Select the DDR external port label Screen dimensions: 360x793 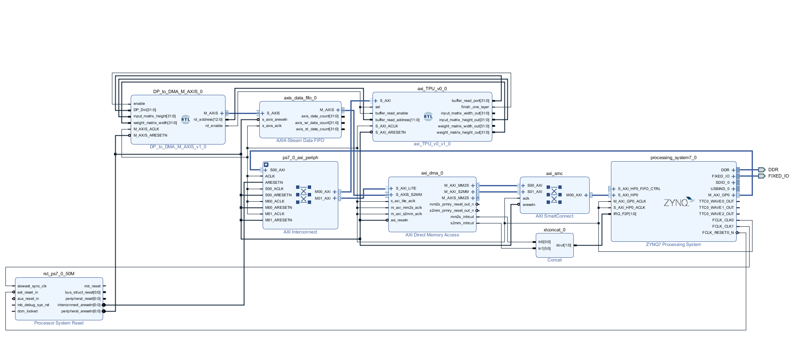point(773,170)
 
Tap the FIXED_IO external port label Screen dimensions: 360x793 point(778,176)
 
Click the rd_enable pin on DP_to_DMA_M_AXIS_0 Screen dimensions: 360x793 point(214,126)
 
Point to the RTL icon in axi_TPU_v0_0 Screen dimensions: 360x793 point(428,117)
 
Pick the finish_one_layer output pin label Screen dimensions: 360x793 point(475,107)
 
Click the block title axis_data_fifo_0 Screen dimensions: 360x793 point(300,98)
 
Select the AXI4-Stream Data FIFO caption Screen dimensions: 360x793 point(300,140)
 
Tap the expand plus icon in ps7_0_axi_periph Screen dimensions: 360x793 point(266,165)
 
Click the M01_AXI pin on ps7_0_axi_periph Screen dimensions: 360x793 point(323,198)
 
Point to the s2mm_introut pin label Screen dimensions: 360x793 point(462,223)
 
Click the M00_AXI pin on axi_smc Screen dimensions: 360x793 point(574,195)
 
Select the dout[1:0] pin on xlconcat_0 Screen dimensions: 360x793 point(563,245)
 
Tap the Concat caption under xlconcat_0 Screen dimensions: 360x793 point(554,260)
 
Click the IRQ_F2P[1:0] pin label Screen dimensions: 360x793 point(625,214)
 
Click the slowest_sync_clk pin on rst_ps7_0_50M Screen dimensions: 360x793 point(32,286)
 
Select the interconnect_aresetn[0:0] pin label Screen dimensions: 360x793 point(79,305)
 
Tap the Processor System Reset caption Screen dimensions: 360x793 point(59,323)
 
